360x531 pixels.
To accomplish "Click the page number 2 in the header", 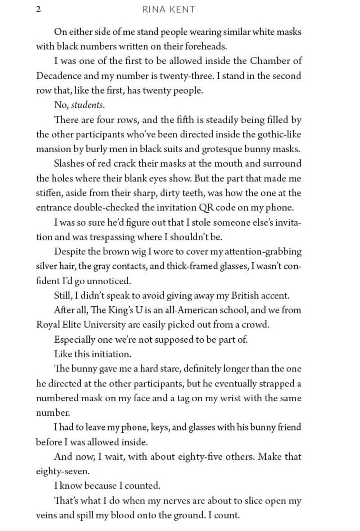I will [38, 9].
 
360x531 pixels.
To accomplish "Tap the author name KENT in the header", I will [183, 9].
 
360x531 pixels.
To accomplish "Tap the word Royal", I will [47, 325].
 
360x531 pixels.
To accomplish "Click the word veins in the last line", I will [46, 515].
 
